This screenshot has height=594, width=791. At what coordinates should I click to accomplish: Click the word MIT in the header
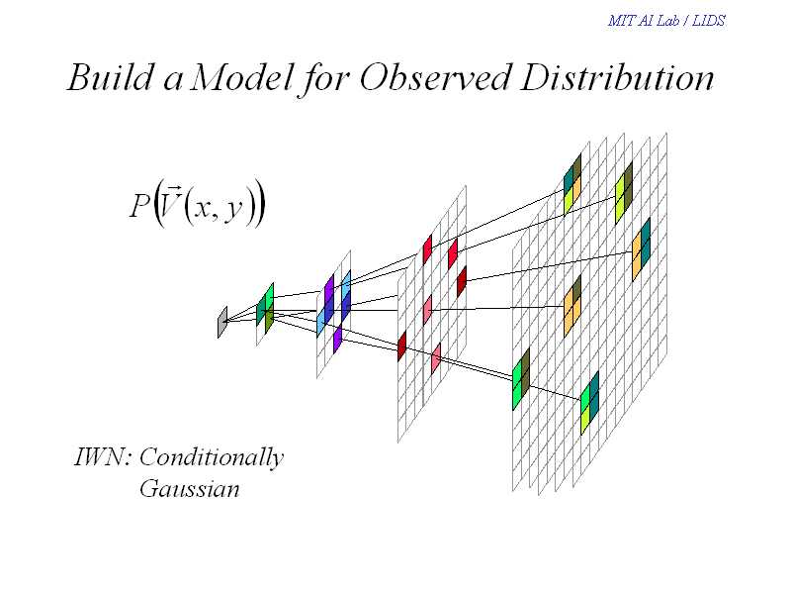coord(619,21)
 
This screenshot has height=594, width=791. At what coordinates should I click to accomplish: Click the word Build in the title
coord(110,78)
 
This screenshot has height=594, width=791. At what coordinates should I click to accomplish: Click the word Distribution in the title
coord(616,78)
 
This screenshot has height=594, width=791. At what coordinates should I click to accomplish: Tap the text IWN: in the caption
coord(103,457)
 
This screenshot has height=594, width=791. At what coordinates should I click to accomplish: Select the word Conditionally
coord(212,458)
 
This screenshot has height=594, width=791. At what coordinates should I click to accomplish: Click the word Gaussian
coord(189,489)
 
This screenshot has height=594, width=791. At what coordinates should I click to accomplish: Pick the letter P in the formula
coord(137,206)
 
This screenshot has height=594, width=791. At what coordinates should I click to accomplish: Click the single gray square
coord(222,322)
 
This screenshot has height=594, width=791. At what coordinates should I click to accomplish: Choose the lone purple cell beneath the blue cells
coord(337,339)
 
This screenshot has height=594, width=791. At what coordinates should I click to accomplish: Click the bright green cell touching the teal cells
coord(585,402)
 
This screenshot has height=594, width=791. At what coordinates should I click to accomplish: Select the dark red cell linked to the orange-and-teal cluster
coord(461,282)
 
